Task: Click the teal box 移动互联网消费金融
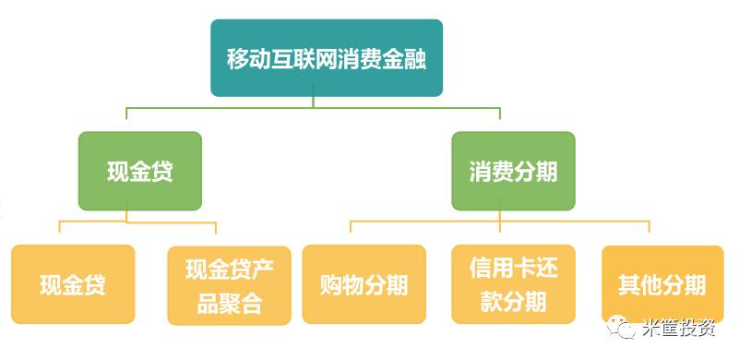coord(327,58)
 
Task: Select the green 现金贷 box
coord(140,171)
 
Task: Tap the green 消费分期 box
coord(513,171)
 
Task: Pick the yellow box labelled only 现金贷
coord(73,284)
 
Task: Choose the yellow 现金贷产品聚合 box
coord(229,285)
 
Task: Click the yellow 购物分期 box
coord(364,284)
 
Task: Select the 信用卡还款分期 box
coord(513,284)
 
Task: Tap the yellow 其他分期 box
coord(662,284)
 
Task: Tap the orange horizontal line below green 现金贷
coord(138,222)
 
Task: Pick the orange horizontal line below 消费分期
coord(499,222)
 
